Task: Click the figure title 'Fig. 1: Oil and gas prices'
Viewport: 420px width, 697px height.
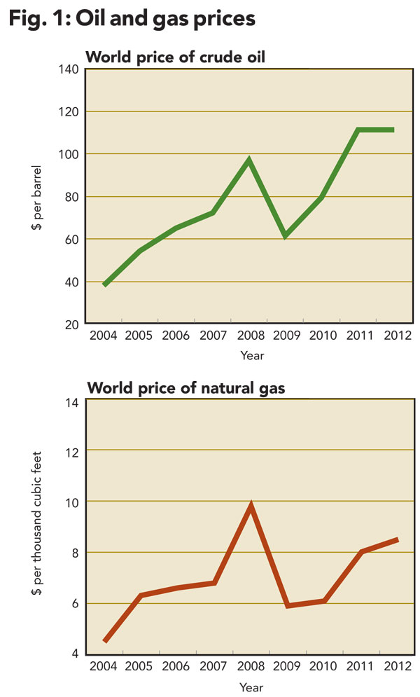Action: pyautogui.click(x=132, y=19)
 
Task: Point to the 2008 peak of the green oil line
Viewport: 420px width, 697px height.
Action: pyautogui.click(x=248, y=160)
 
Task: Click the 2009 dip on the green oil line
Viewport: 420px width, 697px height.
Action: pyautogui.click(x=285, y=236)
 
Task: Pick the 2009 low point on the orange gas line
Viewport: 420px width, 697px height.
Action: pyautogui.click(x=286, y=605)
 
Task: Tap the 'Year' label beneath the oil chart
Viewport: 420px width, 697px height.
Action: pyautogui.click(x=252, y=356)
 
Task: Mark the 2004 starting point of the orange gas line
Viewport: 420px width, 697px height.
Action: pyautogui.click(x=105, y=640)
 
